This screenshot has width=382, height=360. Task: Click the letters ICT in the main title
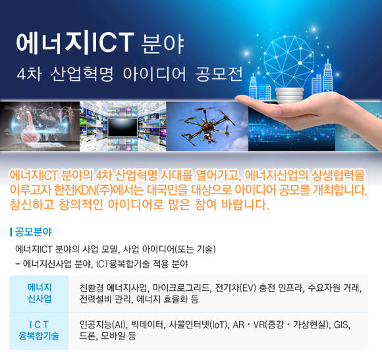(x=113, y=43)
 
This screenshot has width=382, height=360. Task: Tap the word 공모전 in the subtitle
(x=219, y=74)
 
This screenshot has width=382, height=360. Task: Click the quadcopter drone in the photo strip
(x=207, y=125)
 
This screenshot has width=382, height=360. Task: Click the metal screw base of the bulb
(x=289, y=95)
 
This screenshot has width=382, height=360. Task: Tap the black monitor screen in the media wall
(x=123, y=127)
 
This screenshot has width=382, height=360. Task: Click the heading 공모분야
(x=33, y=232)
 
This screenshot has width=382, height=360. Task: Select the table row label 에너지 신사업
(x=40, y=293)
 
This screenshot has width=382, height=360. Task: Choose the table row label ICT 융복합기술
(x=39, y=330)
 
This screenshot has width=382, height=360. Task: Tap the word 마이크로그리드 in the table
(x=181, y=288)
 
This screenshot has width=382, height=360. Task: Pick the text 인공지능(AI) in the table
(x=102, y=324)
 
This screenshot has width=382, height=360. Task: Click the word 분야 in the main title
(x=163, y=44)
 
